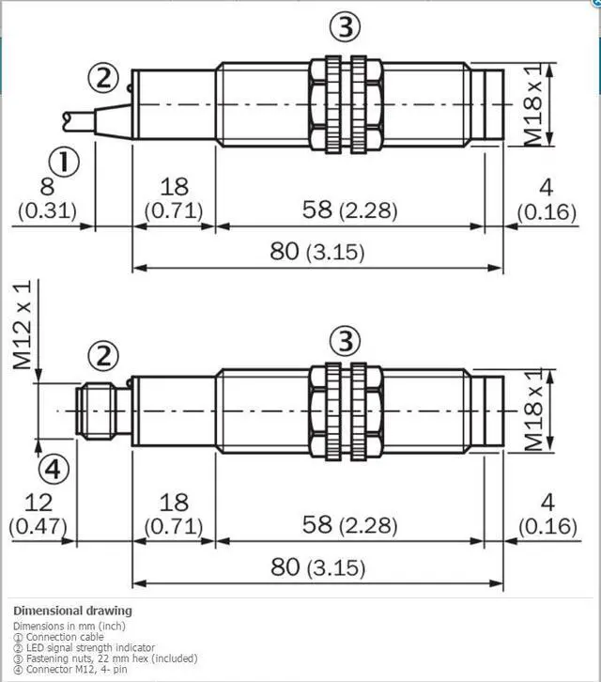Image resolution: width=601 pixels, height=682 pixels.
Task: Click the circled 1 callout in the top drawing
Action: point(64,163)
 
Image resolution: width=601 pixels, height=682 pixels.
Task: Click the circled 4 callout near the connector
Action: point(54,470)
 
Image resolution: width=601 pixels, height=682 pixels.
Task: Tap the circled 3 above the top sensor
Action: point(345,26)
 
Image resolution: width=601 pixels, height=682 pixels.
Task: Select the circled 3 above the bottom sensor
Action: point(345,341)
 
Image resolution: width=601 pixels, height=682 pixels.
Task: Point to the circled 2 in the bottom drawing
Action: point(103,356)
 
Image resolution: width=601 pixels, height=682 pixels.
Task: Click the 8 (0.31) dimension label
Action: point(47,199)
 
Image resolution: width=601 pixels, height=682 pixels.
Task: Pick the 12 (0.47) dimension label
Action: point(39,515)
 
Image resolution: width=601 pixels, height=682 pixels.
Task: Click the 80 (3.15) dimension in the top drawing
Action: point(317,252)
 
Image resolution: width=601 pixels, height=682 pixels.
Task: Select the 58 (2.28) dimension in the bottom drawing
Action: point(349,524)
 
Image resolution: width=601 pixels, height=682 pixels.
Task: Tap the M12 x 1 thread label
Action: point(23,324)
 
